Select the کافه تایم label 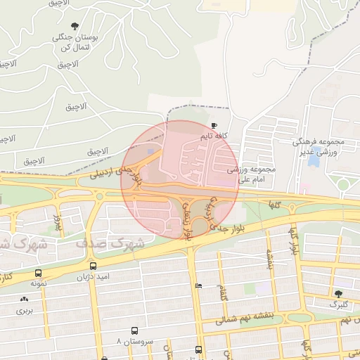point(215,134)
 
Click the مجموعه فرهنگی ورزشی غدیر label point(316,146)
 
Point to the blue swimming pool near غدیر point(314,160)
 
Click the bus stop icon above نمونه point(37,273)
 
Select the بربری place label point(25,309)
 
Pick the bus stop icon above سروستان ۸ point(134,330)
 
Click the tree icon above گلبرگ point(339,294)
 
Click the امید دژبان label point(94,277)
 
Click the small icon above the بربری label point(25,300)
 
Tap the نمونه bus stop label point(38,283)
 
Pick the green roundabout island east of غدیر point(342,185)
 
